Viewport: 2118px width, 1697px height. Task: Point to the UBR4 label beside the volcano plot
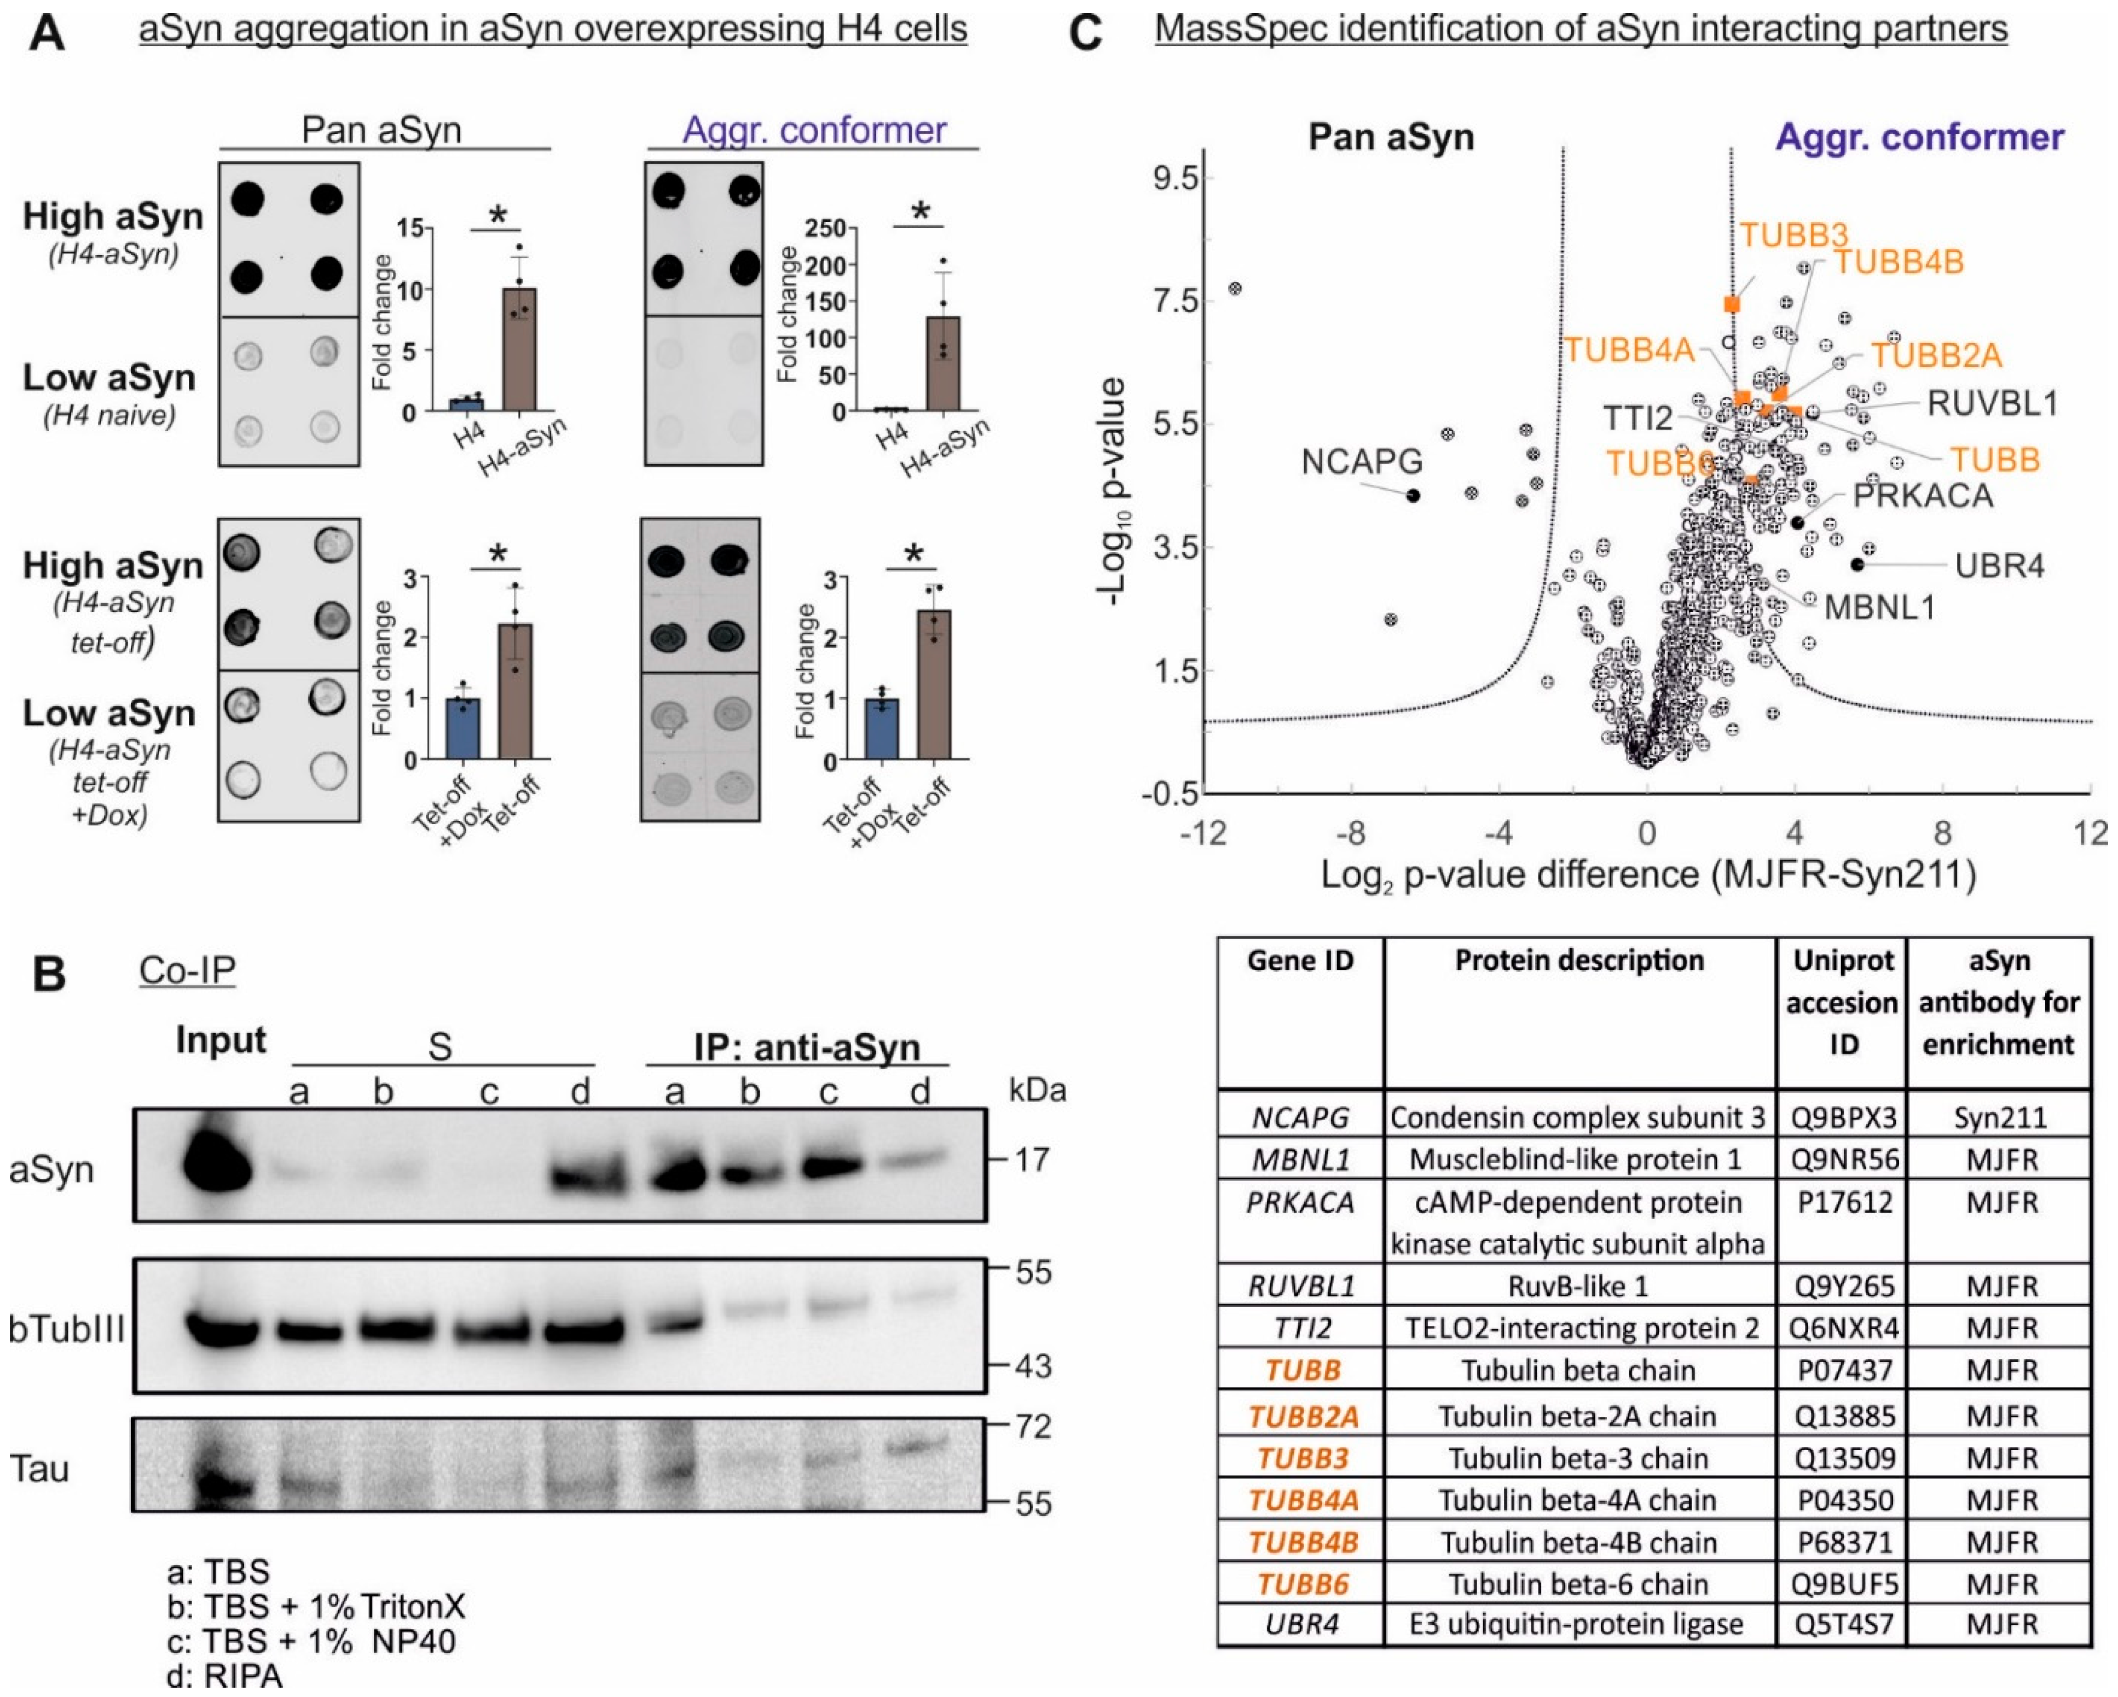[x=1998, y=566]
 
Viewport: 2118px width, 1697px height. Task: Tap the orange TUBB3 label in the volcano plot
[x=1794, y=235]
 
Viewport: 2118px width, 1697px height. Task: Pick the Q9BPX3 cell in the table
[x=1843, y=1117]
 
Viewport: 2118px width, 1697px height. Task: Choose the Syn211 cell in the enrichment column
[x=1999, y=1117]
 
